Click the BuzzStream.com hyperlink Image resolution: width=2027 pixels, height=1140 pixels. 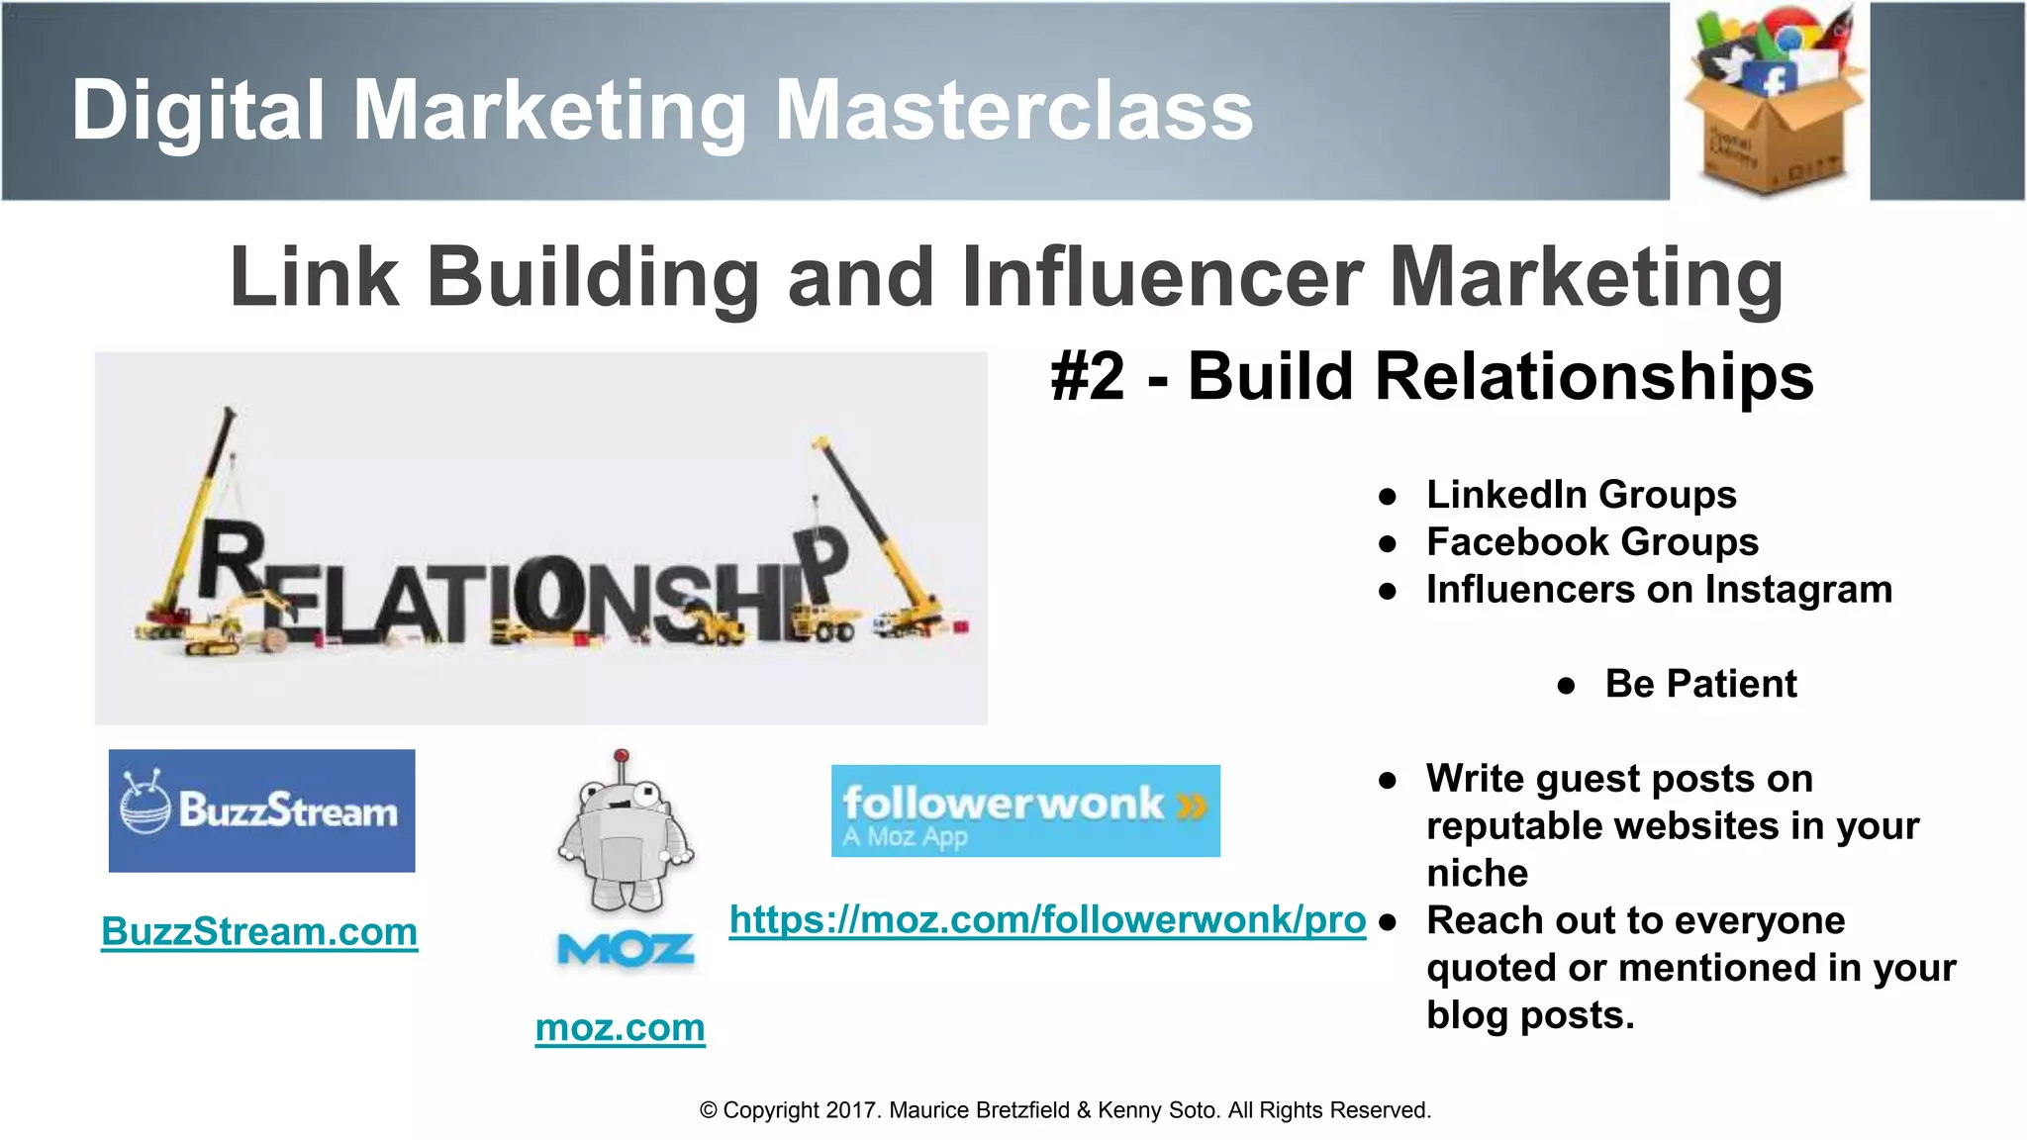coord(259,931)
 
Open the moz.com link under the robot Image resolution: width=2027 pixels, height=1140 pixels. coord(620,1027)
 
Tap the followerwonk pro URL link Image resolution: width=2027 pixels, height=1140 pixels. coord(1047,919)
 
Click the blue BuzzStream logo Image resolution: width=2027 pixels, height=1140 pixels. coord(261,810)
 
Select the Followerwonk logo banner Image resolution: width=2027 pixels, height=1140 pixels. coord(1025,810)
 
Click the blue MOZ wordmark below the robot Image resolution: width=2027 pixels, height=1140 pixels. coord(626,951)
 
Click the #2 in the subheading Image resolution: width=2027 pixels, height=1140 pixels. coord(1088,377)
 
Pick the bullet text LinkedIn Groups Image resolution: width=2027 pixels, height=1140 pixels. coord(1581,494)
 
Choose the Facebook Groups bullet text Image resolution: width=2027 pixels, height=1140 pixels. coord(1592,541)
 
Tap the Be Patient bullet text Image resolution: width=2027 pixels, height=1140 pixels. coord(1700,683)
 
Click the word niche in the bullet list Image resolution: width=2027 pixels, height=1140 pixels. coord(1477,873)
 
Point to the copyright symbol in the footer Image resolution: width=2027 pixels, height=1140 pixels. coord(708,1110)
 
